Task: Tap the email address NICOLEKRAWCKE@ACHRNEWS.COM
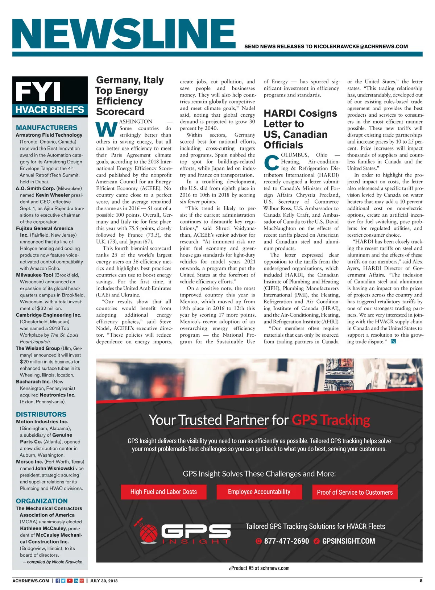tap(361, 47)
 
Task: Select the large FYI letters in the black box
tap(38, 91)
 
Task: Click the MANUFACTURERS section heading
tap(47, 128)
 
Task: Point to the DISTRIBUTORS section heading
tap(41, 414)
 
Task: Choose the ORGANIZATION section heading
tap(42, 501)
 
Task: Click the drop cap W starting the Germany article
tap(107, 129)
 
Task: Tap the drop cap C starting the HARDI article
tap(272, 162)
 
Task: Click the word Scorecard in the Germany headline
tap(120, 112)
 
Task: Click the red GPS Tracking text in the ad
tap(331, 420)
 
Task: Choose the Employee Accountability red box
tap(259, 492)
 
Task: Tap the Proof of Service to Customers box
tap(355, 492)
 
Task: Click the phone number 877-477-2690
tap(286, 541)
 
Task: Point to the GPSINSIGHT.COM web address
tap(348, 541)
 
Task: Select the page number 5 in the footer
tap(421, 581)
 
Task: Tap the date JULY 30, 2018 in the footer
tap(104, 581)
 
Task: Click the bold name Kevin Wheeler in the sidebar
tap(53, 195)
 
